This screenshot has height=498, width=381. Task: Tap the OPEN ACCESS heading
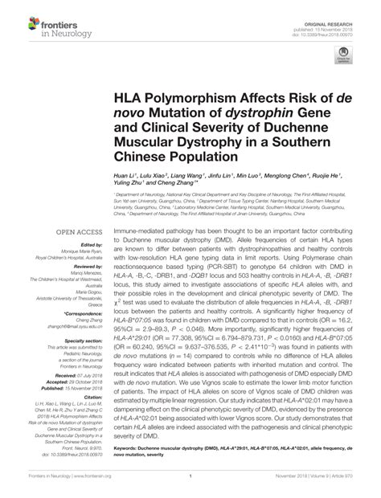coord(75,232)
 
